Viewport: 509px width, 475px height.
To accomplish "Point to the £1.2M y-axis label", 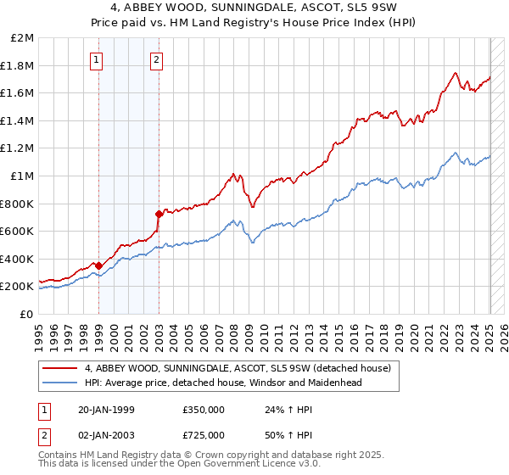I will [19, 148].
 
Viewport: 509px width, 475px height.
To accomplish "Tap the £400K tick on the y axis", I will [19, 259].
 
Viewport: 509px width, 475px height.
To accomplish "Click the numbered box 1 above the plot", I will [98, 59].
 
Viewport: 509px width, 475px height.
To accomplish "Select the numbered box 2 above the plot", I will [158, 59].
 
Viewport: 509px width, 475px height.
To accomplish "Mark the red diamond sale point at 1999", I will [99, 265].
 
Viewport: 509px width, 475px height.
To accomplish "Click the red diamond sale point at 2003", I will [159, 214].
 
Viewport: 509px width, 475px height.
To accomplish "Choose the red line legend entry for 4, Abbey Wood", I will [238, 368].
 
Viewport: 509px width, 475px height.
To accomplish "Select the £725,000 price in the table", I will [204, 434].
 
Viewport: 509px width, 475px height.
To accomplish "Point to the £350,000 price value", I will [204, 409].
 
